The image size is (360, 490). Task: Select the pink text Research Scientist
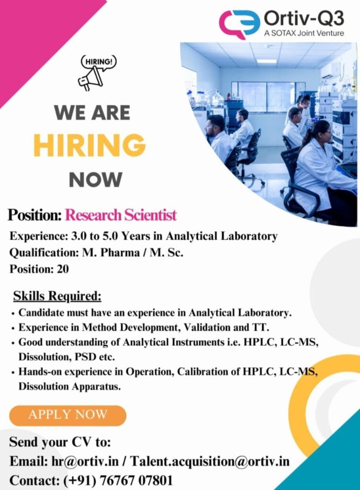point(121,215)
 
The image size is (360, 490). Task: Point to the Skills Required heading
point(57,296)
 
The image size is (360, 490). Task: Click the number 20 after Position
point(63,269)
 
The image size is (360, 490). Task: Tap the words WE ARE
point(92,113)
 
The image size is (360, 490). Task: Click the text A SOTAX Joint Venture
point(304,33)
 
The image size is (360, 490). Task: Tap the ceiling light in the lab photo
point(266,61)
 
